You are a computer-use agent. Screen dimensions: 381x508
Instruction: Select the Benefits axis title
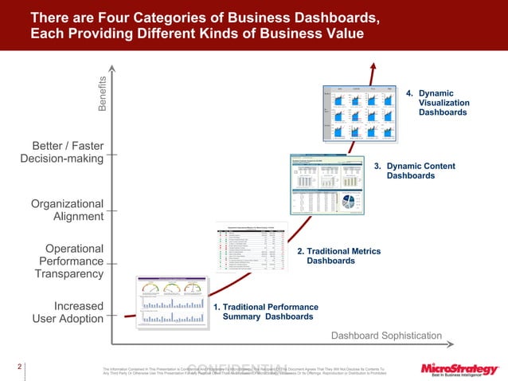click(x=103, y=93)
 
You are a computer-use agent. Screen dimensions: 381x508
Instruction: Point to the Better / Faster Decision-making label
click(x=62, y=152)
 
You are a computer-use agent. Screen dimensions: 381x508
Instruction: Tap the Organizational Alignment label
click(x=68, y=210)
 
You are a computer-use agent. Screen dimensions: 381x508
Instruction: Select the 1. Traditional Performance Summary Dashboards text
click(x=265, y=312)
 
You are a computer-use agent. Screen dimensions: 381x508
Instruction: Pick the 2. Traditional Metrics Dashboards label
click(x=338, y=256)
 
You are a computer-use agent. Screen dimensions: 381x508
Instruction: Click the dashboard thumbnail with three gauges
click(x=168, y=302)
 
